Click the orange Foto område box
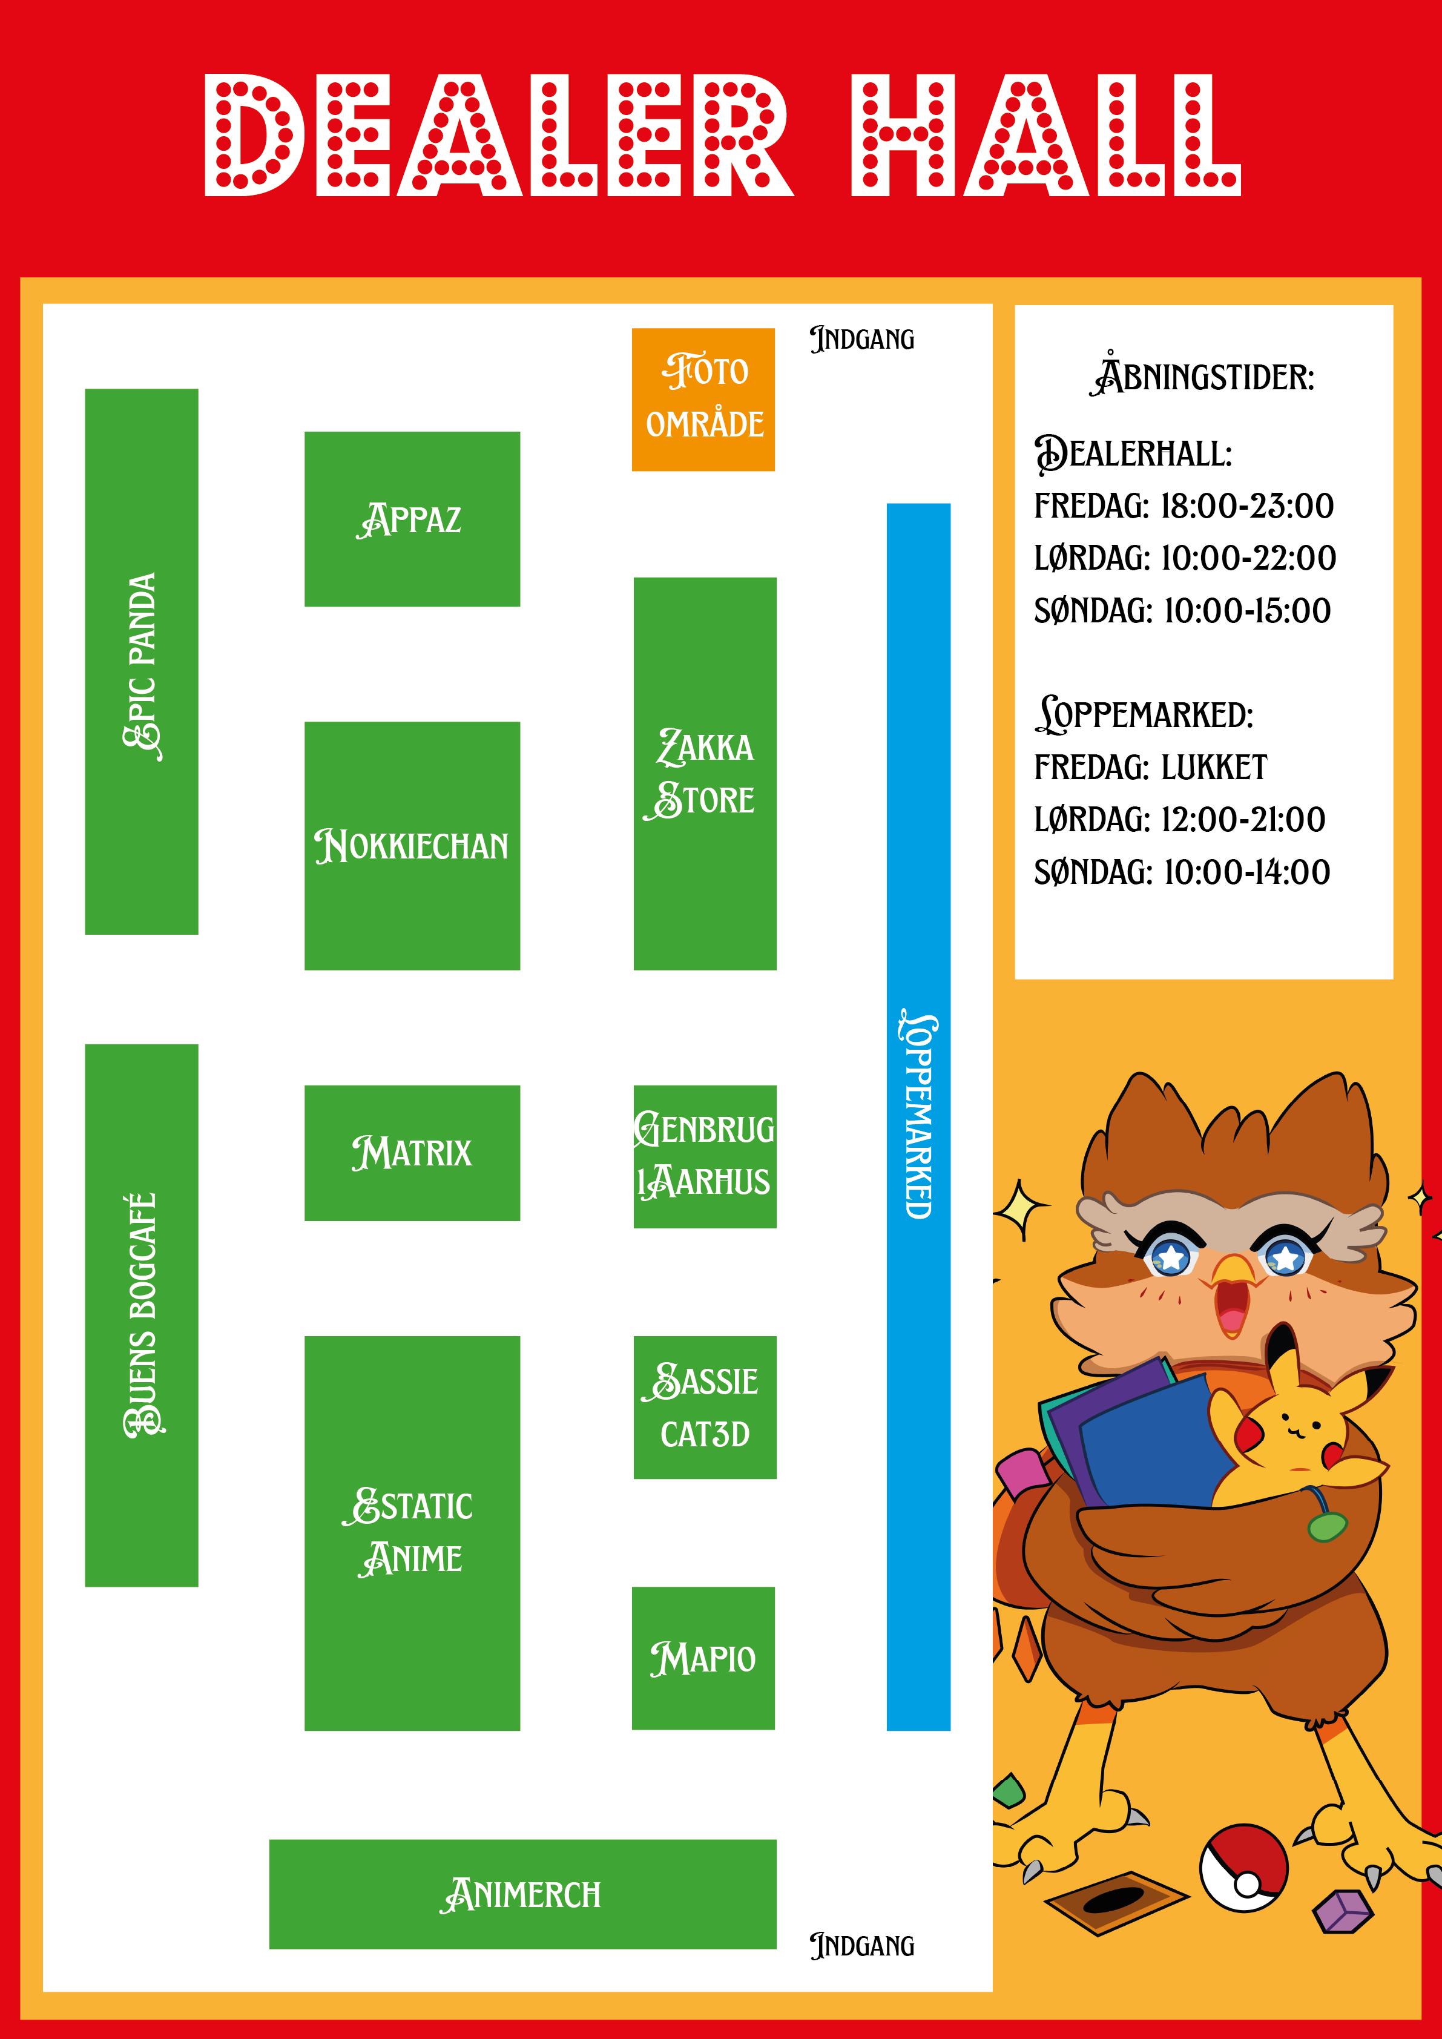pos(703,399)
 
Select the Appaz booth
pos(412,519)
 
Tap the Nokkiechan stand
pos(412,845)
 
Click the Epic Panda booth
pos(141,662)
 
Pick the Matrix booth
pos(412,1153)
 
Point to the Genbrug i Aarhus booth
pos(705,1156)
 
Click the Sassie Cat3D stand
pos(705,1407)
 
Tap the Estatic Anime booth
pos(412,1533)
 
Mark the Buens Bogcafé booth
pos(141,1314)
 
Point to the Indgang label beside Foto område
pos(862,339)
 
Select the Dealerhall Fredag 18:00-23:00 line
pos(1184,506)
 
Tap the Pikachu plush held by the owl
pos(1288,1430)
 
